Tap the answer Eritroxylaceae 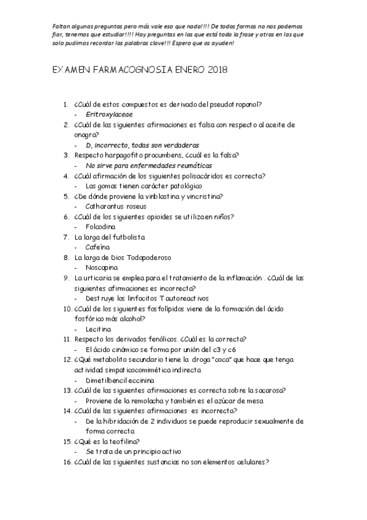[110, 114]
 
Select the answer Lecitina [99, 329]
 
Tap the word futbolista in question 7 [127, 237]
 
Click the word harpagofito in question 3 [123, 155]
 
